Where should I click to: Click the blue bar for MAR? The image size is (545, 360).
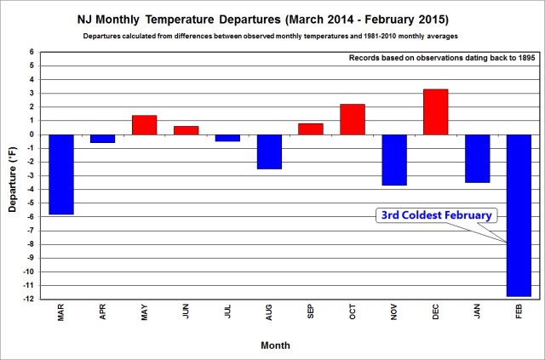click(x=60, y=174)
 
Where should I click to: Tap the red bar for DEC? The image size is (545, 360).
click(x=435, y=111)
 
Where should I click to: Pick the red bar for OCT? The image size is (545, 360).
click(x=352, y=119)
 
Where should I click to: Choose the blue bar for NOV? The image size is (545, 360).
click(x=393, y=159)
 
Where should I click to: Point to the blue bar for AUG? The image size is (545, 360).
click(x=269, y=151)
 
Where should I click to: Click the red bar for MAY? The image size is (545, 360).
click(x=144, y=124)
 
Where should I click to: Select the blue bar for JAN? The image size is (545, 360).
click(x=477, y=158)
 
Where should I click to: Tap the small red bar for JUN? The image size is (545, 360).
click(x=186, y=130)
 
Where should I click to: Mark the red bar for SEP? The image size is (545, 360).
click(x=311, y=129)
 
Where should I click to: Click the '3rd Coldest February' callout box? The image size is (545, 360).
click(x=435, y=215)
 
